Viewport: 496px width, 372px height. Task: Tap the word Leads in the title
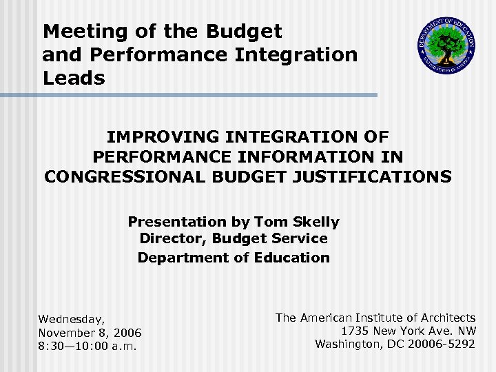(74, 78)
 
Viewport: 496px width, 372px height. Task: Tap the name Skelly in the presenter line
(313, 222)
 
